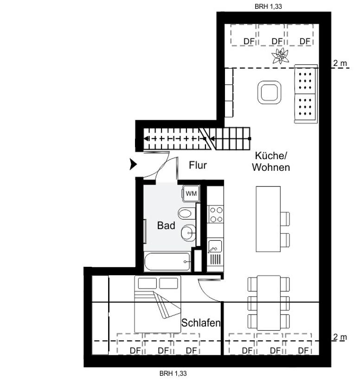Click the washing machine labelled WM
point(191,193)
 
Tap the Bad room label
point(166,225)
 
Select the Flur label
point(198,165)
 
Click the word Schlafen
point(201,322)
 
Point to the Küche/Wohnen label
point(271,161)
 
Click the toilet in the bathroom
point(186,213)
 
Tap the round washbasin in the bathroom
point(188,233)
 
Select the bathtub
point(167,262)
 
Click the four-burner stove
point(215,214)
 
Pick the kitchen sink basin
point(215,246)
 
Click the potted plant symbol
point(280,56)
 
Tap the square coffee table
point(269,92)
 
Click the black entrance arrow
point(133,164)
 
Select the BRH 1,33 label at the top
point(268,6)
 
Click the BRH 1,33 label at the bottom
point(173,374)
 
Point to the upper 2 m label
point(340,63)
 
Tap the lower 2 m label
point(340,337)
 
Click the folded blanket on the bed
point(167,305)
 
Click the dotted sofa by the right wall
point(306,94)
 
